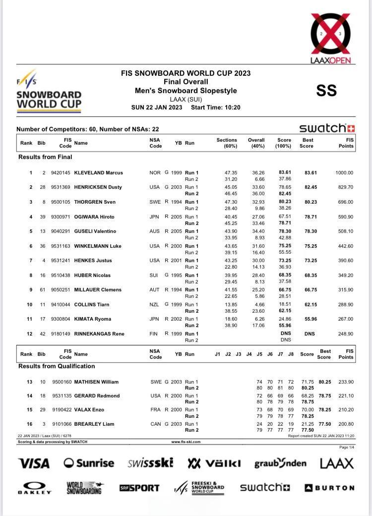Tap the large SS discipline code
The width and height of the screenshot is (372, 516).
326,91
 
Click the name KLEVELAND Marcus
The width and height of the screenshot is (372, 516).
98,173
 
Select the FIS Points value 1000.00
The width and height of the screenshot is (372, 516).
344,173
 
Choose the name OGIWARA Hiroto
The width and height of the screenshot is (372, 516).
94,217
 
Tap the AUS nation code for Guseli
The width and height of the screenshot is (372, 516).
155,231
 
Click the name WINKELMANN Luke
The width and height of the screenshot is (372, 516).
98,246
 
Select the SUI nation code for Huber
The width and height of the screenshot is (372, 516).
155,275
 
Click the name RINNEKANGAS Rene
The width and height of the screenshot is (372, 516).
99,334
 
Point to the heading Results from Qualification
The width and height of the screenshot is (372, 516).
57,366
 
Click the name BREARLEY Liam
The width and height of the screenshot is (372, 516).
95,424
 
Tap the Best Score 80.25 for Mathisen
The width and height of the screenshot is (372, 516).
325,382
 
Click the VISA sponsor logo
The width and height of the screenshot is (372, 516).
34,464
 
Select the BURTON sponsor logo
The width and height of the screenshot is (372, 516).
329,488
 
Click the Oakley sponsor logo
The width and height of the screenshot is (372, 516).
35,488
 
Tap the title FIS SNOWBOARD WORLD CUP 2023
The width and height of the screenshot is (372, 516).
186,73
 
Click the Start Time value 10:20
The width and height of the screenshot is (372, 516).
232,107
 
